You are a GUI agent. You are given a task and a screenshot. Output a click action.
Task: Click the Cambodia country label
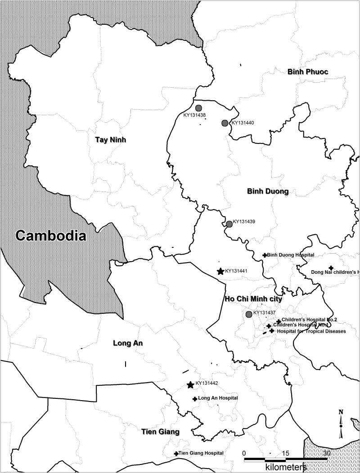pos(50,236)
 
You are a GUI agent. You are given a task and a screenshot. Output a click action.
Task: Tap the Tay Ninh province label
pos(110,140)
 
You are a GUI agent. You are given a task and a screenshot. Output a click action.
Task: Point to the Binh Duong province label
pos(267,192)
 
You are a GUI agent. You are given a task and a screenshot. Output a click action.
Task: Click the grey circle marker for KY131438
pos(198,108)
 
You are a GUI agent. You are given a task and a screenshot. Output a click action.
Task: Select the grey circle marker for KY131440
pos(225,123)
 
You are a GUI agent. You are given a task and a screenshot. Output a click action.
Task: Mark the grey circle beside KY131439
pos(229,224)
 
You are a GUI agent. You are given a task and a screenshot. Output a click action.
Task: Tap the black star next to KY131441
pos(220,271)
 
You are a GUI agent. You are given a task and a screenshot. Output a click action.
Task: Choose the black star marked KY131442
pos(190,385)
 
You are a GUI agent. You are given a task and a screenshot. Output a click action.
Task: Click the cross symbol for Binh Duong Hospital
pos(265,255)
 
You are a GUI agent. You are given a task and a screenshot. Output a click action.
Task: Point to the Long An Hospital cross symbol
pos(194,399)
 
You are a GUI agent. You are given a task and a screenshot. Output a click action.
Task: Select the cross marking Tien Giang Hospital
pos(176,454)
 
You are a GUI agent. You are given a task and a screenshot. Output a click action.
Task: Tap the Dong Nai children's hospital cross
pos(331,268)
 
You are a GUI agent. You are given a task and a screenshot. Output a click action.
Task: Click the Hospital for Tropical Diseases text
pos(311,331)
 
